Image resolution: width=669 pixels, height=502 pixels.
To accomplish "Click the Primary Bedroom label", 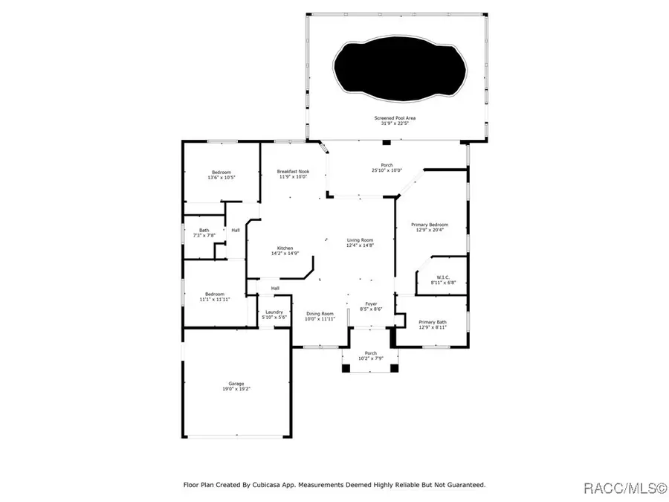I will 432,227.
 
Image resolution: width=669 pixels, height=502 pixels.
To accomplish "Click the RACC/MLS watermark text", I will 624,488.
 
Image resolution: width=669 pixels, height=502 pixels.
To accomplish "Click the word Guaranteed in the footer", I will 463,485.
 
